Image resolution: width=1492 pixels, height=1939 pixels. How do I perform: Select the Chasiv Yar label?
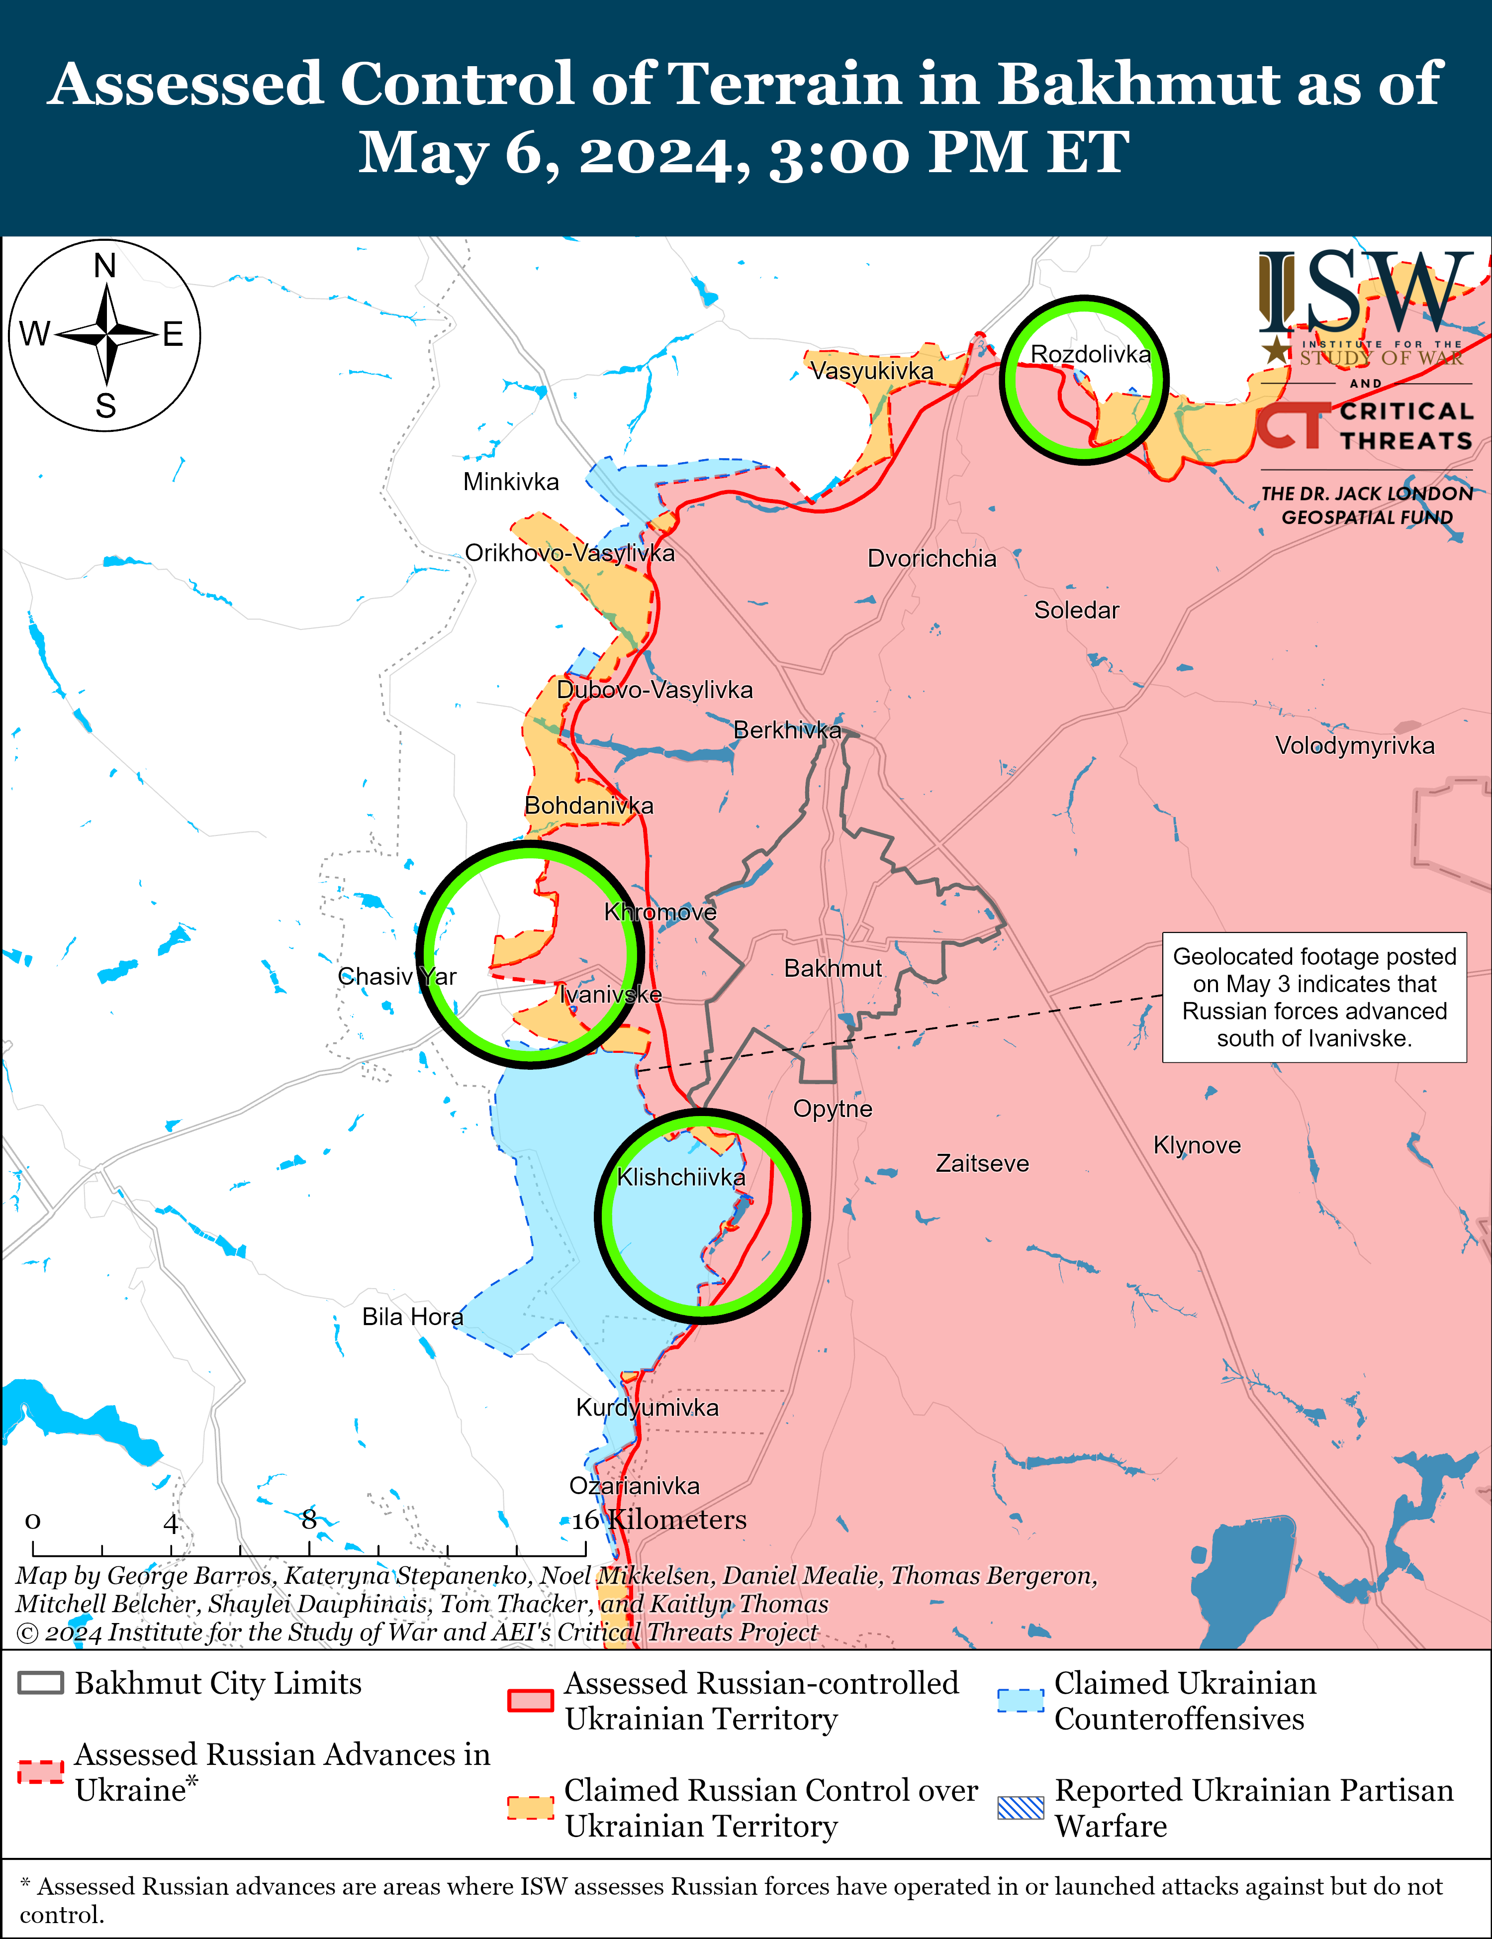pyautogui.click(x=397, y=977)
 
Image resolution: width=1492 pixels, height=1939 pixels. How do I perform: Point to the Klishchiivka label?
pyautogui.click(x=681, y=1177)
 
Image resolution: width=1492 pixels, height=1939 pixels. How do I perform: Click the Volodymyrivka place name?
pyautogui.click(x=1354, y=746)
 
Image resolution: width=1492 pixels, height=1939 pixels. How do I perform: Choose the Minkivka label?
pyautogui.click(x=511, y=482)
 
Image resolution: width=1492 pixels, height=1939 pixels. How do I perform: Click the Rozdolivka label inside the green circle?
pyautogui.click(x=1090, y=354)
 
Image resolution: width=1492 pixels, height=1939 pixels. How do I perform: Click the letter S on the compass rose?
pyautogui.click(x=105, y=406)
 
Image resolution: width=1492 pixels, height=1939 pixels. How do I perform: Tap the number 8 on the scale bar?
pyautogui.click(x=309, y=1520)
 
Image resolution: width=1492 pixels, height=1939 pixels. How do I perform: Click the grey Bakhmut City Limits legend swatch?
pyautogui.click(x=41, y=1683)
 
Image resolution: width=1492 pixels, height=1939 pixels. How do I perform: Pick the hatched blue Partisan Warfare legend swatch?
pyautogui.click(x=1021, y=1808)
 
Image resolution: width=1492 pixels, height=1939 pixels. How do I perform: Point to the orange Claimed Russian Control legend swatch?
pyautogui.click(x=531, y=1808)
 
